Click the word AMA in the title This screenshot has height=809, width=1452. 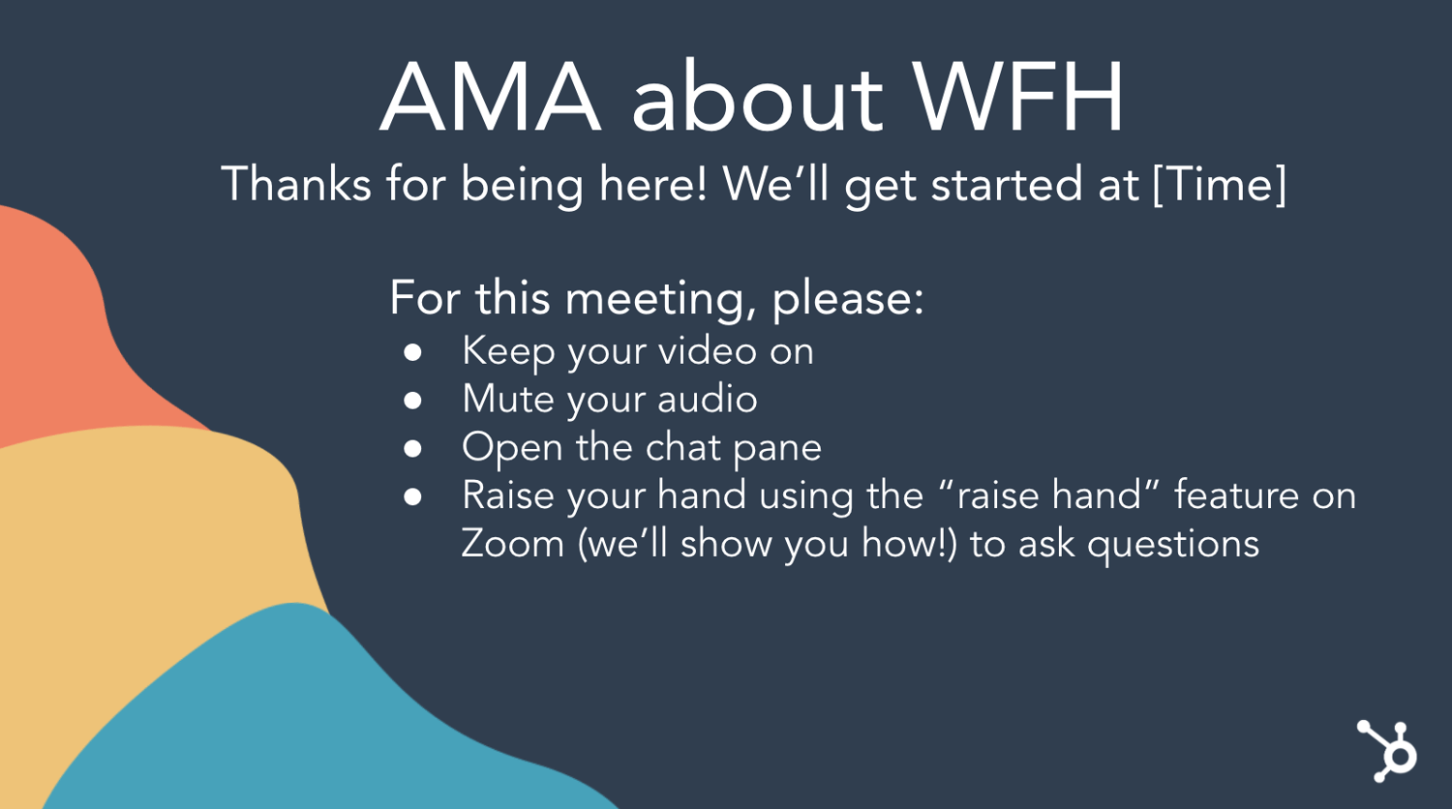(x=490, y=97)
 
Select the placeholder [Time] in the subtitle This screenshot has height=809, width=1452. (x=1219, y=185)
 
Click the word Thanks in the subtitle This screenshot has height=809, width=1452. (x=296, y=184)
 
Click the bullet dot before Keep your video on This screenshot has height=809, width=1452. (x=412, y=352)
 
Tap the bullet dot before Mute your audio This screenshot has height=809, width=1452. (x=412, y=401)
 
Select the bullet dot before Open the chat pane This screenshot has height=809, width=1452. (x=412, y=449)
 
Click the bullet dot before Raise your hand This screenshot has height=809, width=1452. (x=412, y=496)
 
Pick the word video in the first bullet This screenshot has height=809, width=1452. (x=708, y=351)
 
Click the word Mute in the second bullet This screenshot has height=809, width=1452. (x=509, y=399)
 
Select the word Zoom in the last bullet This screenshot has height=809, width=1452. (x=513, y=543)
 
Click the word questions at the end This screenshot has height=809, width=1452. (x=1173, y=545)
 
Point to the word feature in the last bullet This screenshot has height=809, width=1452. (x=1237, y=495)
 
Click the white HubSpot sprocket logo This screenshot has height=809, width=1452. (x=1387, y=751)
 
